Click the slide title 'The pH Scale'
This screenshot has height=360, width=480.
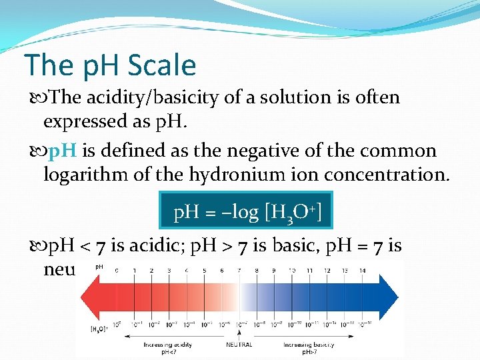tap(110, 66)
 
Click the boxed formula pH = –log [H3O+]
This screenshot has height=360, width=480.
tap(247, 213)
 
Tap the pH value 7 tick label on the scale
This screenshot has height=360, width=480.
tap(239, 270)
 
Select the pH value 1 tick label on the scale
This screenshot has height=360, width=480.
tap(134, 270)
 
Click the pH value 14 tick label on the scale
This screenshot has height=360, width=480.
tap(362, 270)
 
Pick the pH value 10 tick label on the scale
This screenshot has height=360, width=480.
tap(292, 270)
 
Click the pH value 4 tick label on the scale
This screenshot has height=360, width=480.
tap(187, 270)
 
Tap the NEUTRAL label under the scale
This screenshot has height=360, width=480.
tap(239, 345)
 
